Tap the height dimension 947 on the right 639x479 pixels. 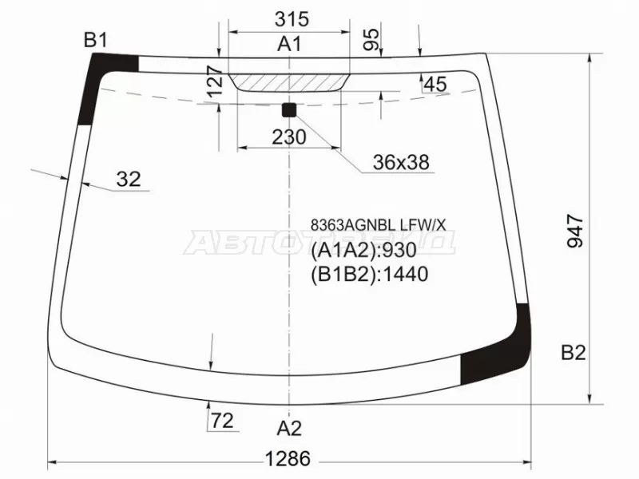click(x=577, y=232)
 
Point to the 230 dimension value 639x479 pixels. click(x=288, y=137)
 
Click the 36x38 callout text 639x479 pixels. click(x=401, y=163)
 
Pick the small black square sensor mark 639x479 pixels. click(x=289, y=109)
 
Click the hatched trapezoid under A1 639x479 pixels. click(x=289, y=81)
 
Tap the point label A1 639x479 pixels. click(x=289, y=45)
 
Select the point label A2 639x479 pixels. click(x=289, y=429)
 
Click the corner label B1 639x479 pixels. click(x=96, y=39)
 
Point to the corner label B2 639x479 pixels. click(x=573, y=352)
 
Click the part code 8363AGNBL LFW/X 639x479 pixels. click(x=378, y=227)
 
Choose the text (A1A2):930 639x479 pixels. click(x=363, y=251)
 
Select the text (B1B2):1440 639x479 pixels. click(x=369, y=275)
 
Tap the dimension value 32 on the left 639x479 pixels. click(x=128, y=180)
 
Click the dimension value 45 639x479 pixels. click(x=435, y=84)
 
